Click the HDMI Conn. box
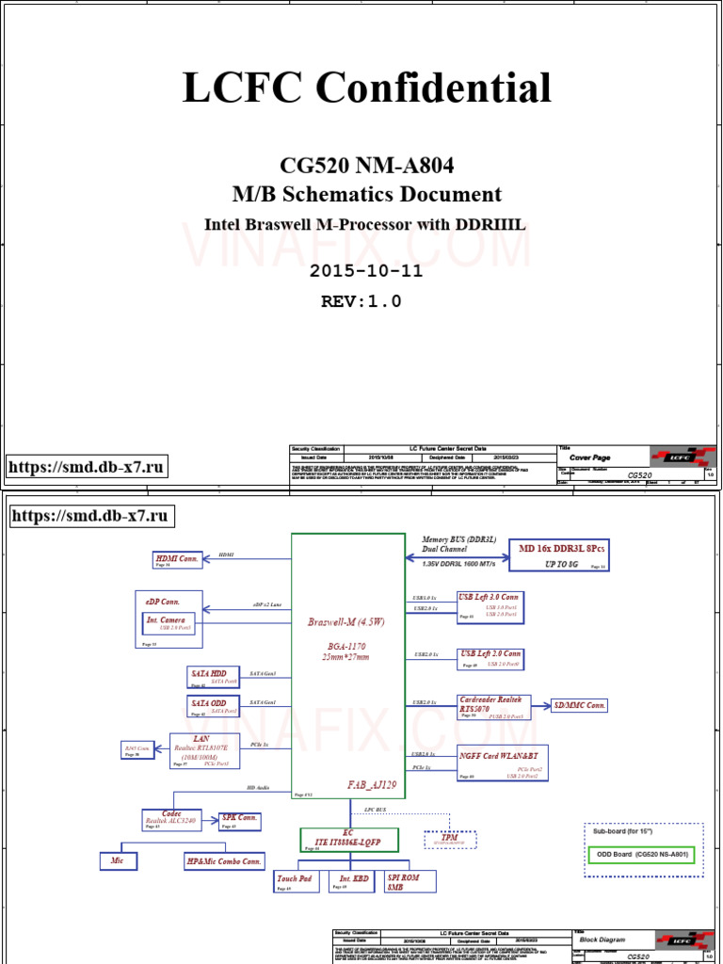[x=176, y=561]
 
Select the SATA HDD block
[x=214, y=676]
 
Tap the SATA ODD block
[x=214, y=706]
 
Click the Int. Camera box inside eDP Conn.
[x=171, y=623]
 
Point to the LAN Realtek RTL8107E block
[x=205, y=750]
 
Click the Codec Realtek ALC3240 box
[x=170, y=818]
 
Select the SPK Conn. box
[x=238, y=820]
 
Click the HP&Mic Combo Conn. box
[x=225, y=860]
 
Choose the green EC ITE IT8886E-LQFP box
[x=349, y=840]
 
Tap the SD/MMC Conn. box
[x=579, y=705]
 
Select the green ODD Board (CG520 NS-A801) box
[x=643, y=855]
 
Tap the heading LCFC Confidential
[x=366, y=88]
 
